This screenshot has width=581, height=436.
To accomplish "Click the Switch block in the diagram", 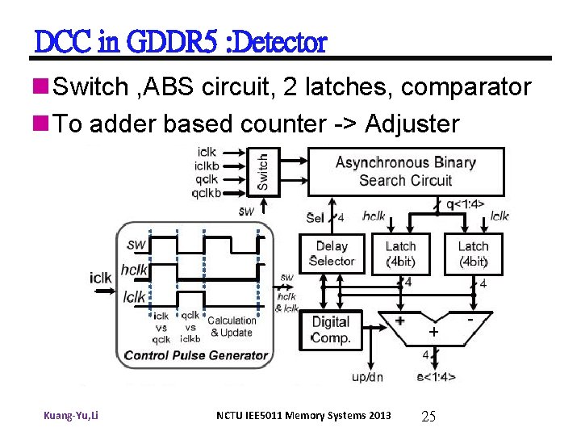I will click(263, 171).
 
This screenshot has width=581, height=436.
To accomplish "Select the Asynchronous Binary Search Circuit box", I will click(405, 171).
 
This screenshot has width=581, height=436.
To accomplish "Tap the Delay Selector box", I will click(331, 254).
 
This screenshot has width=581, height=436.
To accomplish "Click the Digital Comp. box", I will click(331, 329).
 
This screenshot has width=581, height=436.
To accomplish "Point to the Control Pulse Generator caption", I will click(196, 355).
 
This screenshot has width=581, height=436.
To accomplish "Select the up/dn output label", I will click(368, 377).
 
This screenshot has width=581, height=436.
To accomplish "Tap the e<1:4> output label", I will click(436, 376).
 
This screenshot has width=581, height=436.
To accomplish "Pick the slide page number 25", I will click(428, 416).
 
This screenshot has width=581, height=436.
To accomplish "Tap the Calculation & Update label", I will click(232, 326).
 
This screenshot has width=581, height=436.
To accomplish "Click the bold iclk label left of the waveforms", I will click(101, 278).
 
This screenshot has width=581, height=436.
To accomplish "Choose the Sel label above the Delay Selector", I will click(316, 217).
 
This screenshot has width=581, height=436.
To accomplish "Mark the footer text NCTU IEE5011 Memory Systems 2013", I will click(303, 416).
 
